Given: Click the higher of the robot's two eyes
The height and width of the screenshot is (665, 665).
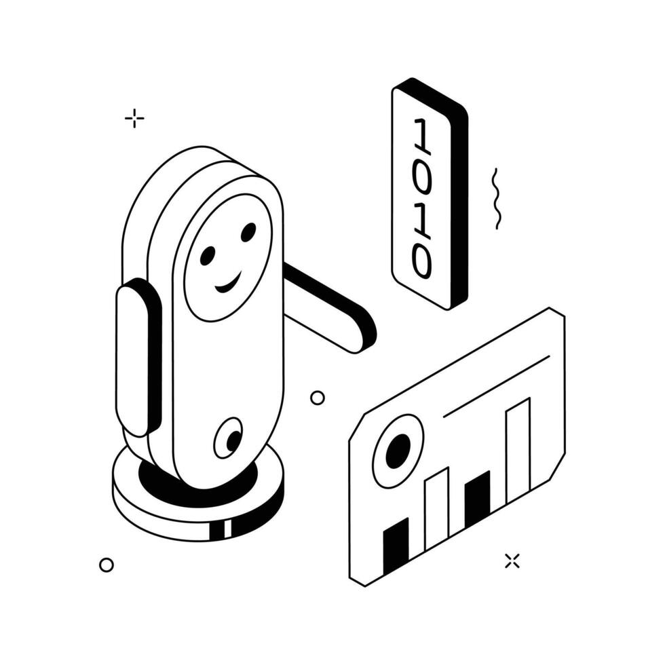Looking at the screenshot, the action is (x=248, y=232).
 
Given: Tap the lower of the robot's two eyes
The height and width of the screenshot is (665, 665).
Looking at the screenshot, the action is (x=208, y=255).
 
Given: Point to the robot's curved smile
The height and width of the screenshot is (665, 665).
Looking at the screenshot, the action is (x=228, y=283).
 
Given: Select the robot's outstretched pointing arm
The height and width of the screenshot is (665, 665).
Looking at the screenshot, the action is (x=328, y=307).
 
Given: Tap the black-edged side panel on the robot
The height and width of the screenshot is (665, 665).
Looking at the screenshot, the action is (x=138, y=357).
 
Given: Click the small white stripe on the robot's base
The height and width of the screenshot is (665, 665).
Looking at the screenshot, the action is (x=228, y=529).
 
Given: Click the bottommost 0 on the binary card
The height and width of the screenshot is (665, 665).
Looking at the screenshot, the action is (x=422, y=260).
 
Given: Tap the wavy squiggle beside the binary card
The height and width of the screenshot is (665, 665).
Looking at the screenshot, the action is (x=495, y=198).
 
